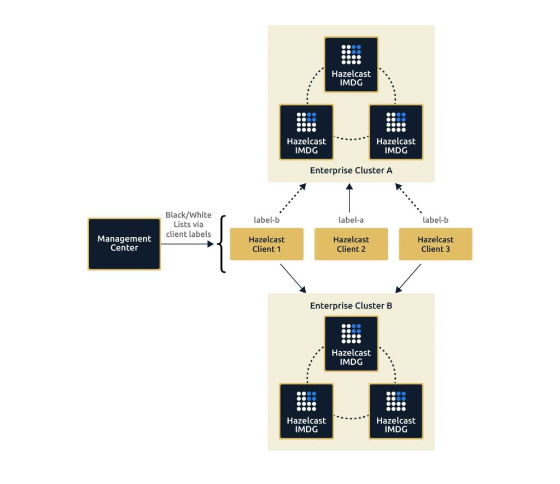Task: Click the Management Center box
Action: pos(124,244)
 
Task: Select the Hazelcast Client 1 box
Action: pos(266,244)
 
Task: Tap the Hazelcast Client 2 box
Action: pos(351,244)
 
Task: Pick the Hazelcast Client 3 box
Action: pos(435,244)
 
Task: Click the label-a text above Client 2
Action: pos(351,220)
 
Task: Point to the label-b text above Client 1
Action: pos(266,220)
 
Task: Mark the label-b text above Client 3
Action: pos(435,220)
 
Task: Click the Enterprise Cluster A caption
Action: pos(351,170)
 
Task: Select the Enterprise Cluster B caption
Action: pos(351,306)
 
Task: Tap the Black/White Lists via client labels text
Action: pos(188,224)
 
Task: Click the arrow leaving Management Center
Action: pos(186,244)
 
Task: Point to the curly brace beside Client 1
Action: pos(221,244)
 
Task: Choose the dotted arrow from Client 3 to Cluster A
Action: pos(409,197)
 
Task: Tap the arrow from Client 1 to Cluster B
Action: pos(292,278)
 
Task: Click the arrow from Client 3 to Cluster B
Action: pos(409,278)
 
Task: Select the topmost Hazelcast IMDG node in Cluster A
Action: pos(351,64)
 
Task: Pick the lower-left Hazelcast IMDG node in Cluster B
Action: pos(306,411)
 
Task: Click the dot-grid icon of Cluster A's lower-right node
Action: pos(396,122)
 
